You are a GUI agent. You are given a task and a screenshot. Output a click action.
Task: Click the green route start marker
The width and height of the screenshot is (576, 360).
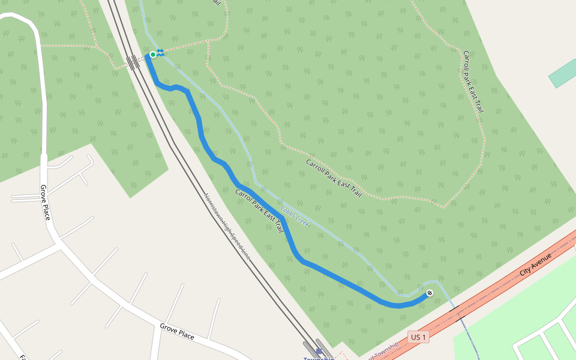point(152,55)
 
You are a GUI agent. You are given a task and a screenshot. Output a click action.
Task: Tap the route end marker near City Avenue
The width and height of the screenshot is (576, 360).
point(430,293)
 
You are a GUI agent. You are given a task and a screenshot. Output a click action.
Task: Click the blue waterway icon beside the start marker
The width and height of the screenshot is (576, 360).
point(160,53)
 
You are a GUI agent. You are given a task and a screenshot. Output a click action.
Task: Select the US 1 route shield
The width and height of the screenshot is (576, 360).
point(419,337)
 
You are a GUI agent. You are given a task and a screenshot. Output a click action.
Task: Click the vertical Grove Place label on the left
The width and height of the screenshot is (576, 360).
point(44,202)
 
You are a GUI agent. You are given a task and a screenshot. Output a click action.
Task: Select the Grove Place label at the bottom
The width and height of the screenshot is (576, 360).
point(176,331)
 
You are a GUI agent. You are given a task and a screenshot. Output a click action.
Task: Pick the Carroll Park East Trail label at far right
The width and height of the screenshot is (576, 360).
point(473,82)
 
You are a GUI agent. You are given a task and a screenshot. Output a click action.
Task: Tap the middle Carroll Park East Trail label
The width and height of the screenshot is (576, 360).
point(334,178)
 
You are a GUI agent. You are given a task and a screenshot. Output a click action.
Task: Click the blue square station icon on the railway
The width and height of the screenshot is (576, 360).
point(319,352)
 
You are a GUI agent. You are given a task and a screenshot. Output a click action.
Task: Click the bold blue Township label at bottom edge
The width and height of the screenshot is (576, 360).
point(318,358)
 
